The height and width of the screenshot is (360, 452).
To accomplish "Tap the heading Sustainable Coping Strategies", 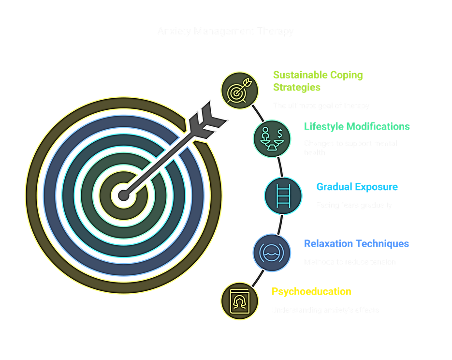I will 318,81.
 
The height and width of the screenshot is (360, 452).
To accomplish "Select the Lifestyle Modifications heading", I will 357,127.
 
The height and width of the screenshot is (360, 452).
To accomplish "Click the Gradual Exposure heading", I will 357,187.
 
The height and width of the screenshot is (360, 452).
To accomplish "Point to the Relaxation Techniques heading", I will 356,244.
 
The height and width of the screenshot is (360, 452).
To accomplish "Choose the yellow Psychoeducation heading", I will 311,292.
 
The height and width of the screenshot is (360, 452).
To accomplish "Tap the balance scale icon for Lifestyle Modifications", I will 272,138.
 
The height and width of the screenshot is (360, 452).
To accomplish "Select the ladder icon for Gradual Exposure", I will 283,195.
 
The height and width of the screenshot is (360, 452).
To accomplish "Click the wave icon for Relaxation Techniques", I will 272,252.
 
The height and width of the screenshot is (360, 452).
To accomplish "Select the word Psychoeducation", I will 311,292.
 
